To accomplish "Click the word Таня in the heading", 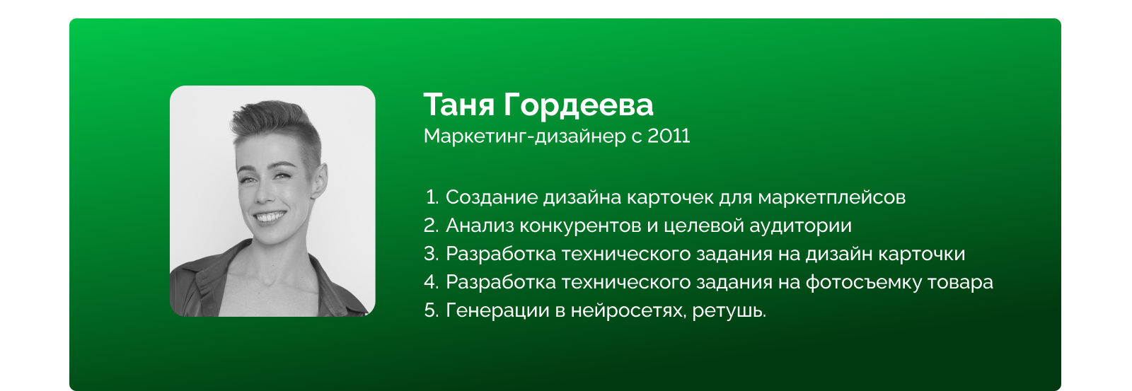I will [x=459, y=105].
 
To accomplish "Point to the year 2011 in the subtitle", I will [x=669, y=136].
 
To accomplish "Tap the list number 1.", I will [x=432, y=197].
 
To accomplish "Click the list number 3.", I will [x=432, y=254].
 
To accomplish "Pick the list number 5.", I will [x=432, y=310].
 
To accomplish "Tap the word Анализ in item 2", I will [x=479, y=226].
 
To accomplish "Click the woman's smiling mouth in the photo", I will [x=270, y=216].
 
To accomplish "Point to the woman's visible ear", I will [x=320, y=180].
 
